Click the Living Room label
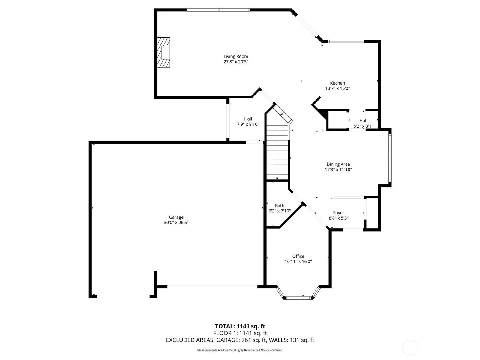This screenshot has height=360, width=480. pos(236,56)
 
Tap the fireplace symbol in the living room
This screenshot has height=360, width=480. pos(164,52)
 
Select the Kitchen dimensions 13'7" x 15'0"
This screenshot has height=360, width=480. pos(337,88)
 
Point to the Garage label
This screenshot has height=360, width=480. pos(176,217)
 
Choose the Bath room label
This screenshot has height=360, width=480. pos(280,205)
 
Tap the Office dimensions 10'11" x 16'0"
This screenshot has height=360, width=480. pos(298,262)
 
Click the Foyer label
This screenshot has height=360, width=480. pos(339,213)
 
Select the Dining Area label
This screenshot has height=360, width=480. pos(338,164)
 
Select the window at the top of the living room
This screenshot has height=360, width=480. pos(218,10)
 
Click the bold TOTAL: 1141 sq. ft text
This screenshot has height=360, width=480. pos(240,326)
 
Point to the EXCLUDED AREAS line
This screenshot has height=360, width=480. pos(240,340)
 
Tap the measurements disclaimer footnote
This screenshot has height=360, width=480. pos(240,350)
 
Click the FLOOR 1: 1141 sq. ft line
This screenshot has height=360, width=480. pos(240,333)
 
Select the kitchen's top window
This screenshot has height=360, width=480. pos(346,41)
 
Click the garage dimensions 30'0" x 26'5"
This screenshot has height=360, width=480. pos(176,223)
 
